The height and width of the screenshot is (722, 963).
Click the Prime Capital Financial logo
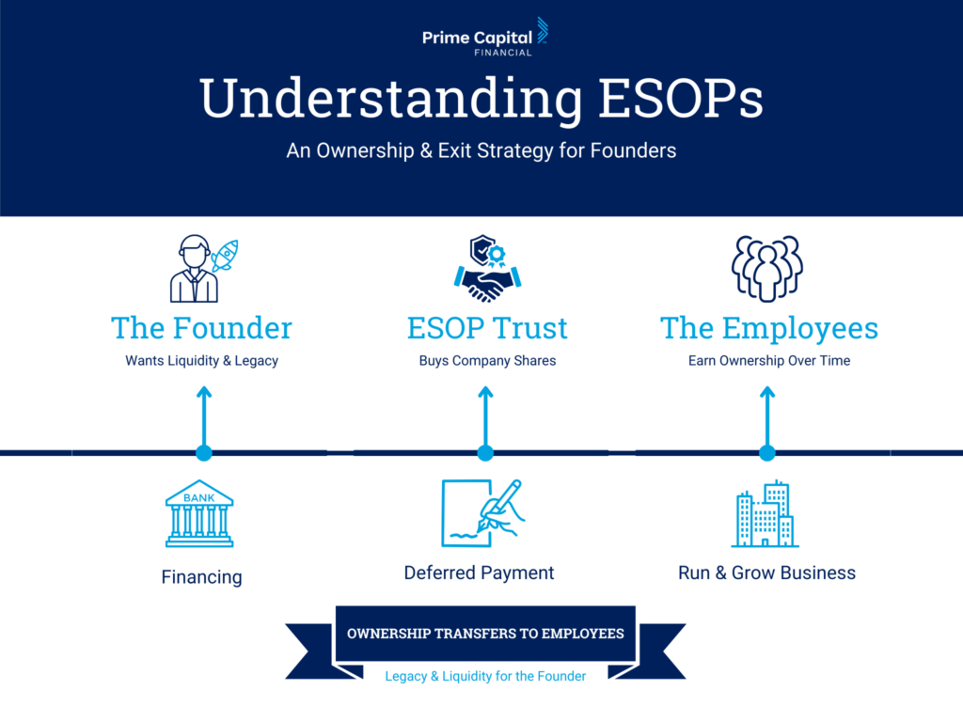[x=485, y=38]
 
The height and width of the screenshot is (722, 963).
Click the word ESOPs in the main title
[x=681, y=98]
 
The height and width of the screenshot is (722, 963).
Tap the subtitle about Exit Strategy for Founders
[x=481, y=151]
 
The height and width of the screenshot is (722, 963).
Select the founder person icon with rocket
[x=204, y=268]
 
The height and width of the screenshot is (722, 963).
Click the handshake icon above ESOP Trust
[x=488, y=268]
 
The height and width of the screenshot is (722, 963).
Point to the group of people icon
[x=767, y=268]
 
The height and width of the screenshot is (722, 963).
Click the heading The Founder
[x=201, y=328]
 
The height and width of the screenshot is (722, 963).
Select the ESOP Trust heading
[x=487, y=328]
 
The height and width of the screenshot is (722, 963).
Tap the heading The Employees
[x=769, y=329]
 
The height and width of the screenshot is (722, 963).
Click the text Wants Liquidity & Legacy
[x=201, y=361]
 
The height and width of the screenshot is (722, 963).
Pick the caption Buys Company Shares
[x=487, y=361]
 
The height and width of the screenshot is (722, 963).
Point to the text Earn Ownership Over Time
[x=769, y=361]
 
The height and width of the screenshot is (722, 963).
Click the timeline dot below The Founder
[x=204, y=453]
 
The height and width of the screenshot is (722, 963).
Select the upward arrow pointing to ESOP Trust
[x=485, y=418]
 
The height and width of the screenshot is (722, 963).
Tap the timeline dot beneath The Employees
[x=767, y=453]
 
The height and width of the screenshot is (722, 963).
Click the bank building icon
[x=199, y=513]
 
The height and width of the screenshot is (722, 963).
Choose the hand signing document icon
[x=482, y=513]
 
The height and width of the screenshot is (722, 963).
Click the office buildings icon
[x=766, y=513]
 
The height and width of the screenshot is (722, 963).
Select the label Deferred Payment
[x=479, y=573]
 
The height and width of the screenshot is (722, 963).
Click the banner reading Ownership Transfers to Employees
[x=485, y=634]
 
